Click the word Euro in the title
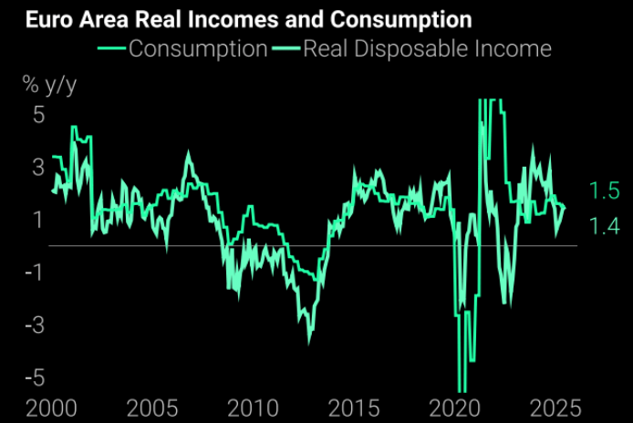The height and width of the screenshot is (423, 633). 31,18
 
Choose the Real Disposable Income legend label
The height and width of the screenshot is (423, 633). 427,47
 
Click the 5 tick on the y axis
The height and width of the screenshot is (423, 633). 38,116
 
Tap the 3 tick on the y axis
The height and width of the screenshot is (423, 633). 38,168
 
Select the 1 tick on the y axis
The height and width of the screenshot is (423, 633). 38,220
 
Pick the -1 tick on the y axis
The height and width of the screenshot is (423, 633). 34,273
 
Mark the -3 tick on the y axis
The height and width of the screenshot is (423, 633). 34,325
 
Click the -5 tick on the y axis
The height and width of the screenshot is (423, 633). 34,377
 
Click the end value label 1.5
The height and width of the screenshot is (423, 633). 604,191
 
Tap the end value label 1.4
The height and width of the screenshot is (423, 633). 604,227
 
